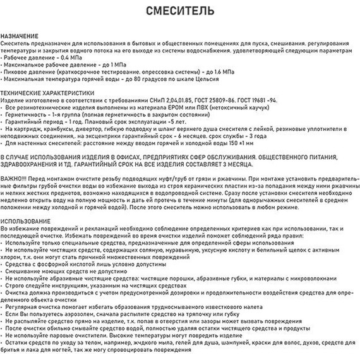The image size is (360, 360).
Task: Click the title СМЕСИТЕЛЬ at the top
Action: pyautogui.click(x=179, y=11)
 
